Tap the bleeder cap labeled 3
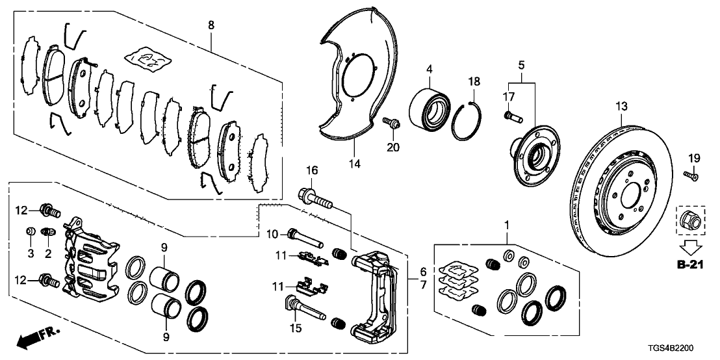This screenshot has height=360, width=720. click(x=30, y=232)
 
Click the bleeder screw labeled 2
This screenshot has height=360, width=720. click(x=45, y=233)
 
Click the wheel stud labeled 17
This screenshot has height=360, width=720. click(x=512, y=117)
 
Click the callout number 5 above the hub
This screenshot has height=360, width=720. click(x=521, y=65)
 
